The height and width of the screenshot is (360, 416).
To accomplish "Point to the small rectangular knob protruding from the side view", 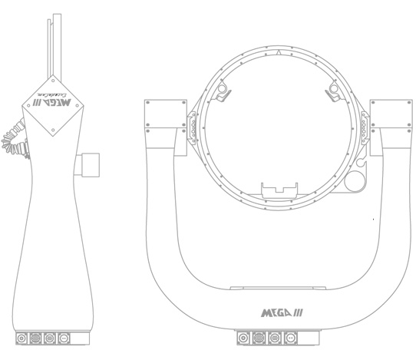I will (x=91, y=163).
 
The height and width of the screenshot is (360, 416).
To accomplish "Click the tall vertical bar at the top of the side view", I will (x=51, y=42).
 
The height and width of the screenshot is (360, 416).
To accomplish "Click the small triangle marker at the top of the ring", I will (x=279, y=54).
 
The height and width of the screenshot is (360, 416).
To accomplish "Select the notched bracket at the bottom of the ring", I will (x=278, y=189).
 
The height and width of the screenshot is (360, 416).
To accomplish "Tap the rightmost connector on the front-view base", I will (x=291, y=337).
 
